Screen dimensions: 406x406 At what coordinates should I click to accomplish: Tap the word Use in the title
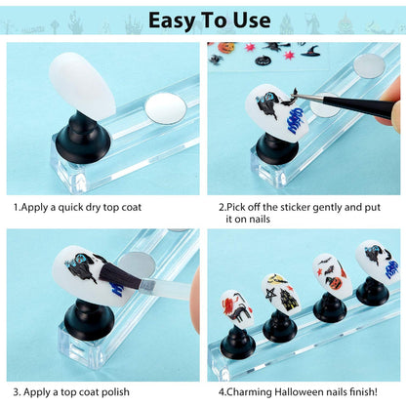pyautogui.click(x=252, y=20)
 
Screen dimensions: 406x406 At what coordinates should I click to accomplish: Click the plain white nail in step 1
pyautogui.click(x=83, y=86)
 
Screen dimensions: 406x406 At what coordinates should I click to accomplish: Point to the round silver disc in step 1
pyautogui.click(x=166, y=108)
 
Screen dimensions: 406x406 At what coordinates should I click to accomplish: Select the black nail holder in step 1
pyautogui.click(x=83, y=138)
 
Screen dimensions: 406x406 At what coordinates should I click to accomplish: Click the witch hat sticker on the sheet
pyautogui.click(x=310, y=51)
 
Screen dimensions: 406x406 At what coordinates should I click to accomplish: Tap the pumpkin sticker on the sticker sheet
pyautogui.click(x=223, y=48)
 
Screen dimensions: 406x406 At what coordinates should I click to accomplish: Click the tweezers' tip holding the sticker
pyautogui.click(x=297, y=94)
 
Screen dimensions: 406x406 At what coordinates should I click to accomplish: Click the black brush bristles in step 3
pyautogui.click(x=120, y=277)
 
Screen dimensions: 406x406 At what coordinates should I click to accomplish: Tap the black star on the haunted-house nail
pyautogui.click(x=271, y=295)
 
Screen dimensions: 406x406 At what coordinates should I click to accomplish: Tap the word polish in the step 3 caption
pyautogui.click(x=115, y=392)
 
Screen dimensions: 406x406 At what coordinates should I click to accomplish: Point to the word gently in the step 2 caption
pyautogui.click(x=326, y=208)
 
